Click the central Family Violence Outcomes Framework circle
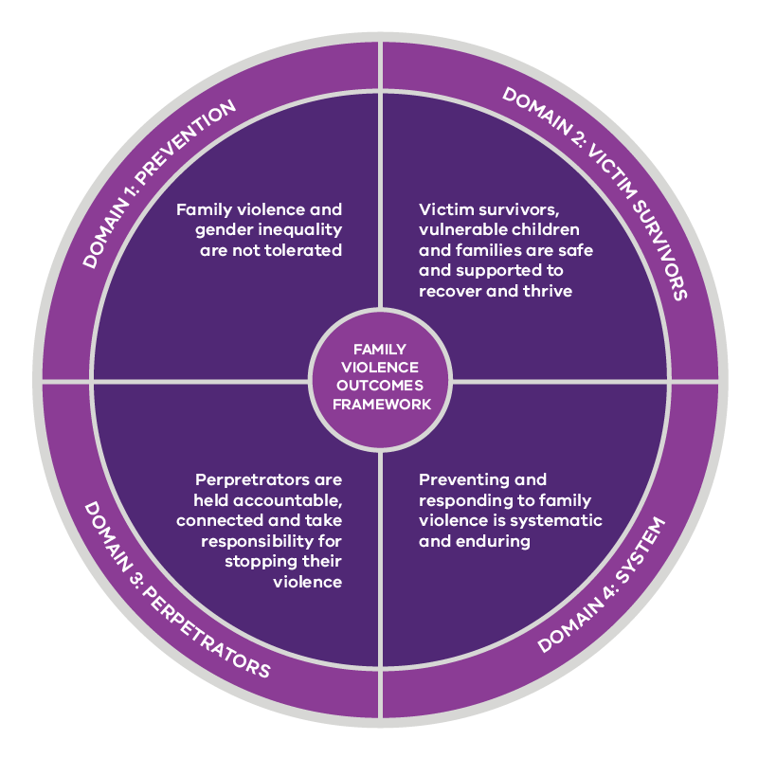(x=380, y=378)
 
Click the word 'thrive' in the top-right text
(x=550, y=291)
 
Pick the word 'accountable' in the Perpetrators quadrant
(x=293, y=501)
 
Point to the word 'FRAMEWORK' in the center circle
(x=380, y=404)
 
